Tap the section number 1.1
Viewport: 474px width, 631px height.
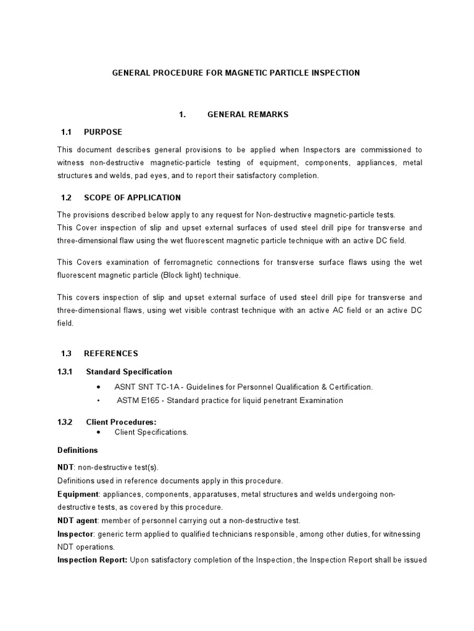click(x=67, y=132)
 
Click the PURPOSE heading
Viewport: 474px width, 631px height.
click(x=103, y=132)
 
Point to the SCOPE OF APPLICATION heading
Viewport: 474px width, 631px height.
click(x=132, y=198)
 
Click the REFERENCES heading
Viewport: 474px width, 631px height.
click(x=111, y=354)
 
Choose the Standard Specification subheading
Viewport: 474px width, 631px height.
click(x=129, y=372)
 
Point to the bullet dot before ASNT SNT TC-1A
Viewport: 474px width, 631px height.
click(x=100, y=387)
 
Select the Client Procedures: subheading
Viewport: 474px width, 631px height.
click(x=121, y=421)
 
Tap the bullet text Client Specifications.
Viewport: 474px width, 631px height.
click(x=151, y=432)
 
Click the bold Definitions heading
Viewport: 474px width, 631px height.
click(x=77, y=450)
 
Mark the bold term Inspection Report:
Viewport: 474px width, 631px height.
click(x=93, y=560)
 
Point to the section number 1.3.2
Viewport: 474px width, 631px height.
click(x=67, y=421)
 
